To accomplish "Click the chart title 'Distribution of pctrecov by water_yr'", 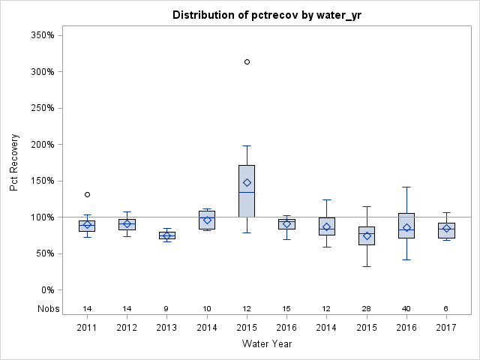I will pos(267,15).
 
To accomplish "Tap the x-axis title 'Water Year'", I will pos(267,344).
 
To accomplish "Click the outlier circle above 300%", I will pos(247,61).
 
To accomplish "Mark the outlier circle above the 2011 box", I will pos(87,194).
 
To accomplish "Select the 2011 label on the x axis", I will pos(87,328).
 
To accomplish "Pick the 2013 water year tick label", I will pos(166,328).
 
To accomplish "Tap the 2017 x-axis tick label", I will pos(446,328).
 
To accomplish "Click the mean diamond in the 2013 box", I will pos(166,235).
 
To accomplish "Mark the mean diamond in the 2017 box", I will pos(446,228).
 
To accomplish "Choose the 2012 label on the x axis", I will pos(127,328).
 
